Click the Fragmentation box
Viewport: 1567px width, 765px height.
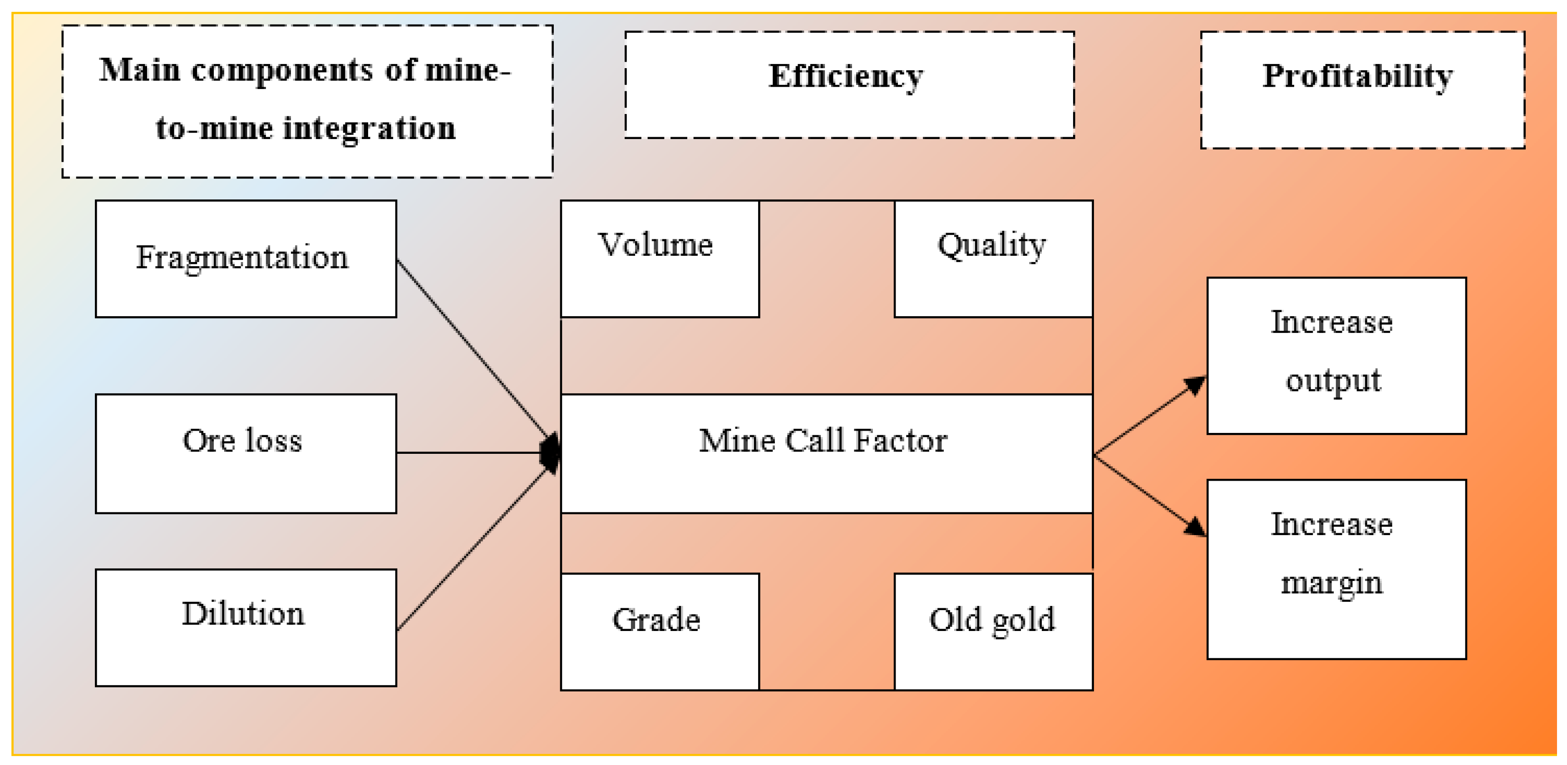[x=246, y=258]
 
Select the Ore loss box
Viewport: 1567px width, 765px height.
[x=246, y=453]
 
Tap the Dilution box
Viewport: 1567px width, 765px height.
[x=246, y=627]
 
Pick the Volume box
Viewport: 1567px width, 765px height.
[x=660, y=258]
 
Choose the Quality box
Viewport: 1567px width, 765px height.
[x=993, y=258]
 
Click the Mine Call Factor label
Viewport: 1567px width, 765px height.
[x=823, y=441]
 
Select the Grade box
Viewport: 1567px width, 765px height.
[x=660, y=631]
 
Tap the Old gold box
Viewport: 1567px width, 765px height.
[x=993, y=631]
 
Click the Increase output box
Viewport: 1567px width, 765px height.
[x=1336, y=355]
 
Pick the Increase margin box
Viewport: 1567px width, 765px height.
[x=1336, y=569]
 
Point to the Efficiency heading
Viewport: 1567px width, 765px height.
[x=846, y=77]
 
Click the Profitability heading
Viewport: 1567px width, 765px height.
[x=1357, y=77]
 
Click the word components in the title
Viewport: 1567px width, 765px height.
[x=281, y=70]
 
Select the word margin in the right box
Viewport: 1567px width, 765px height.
[x=1331, y=583]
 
